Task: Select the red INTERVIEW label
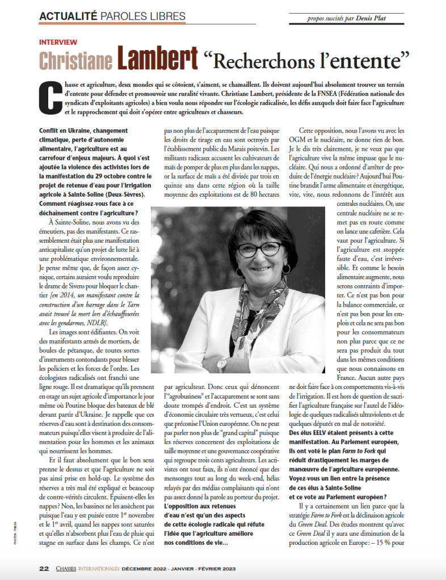tap(58, 43)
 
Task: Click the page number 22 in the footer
tap(44, 568)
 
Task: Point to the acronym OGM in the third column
tap(308, 140)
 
